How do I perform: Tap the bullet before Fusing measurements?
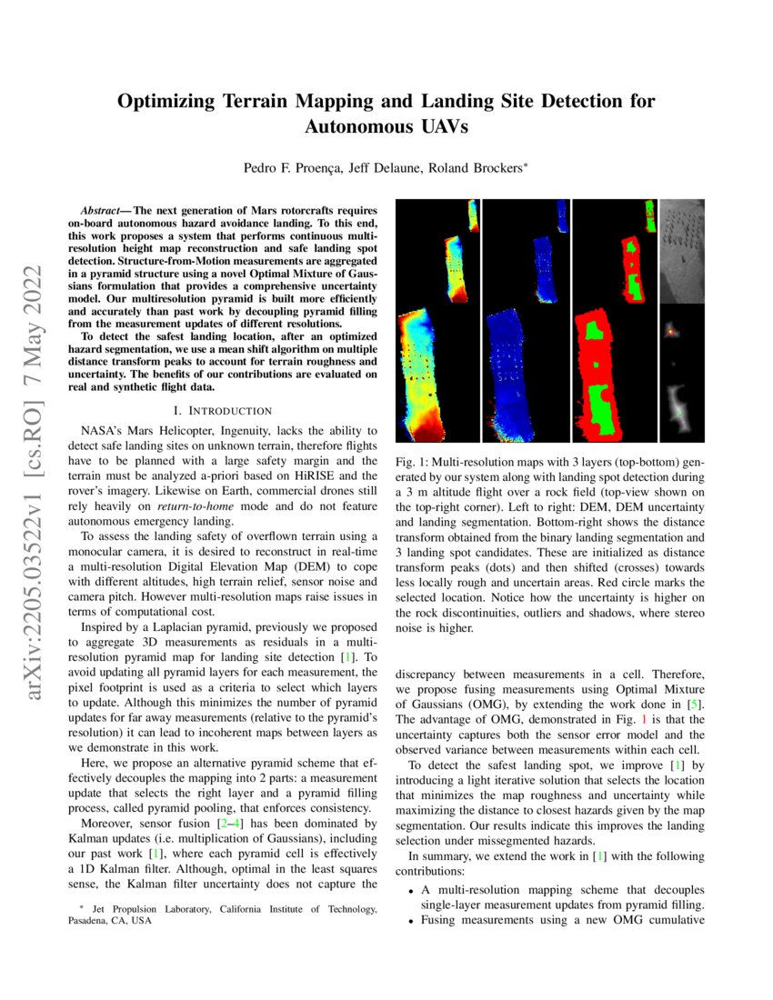(412, 920)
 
